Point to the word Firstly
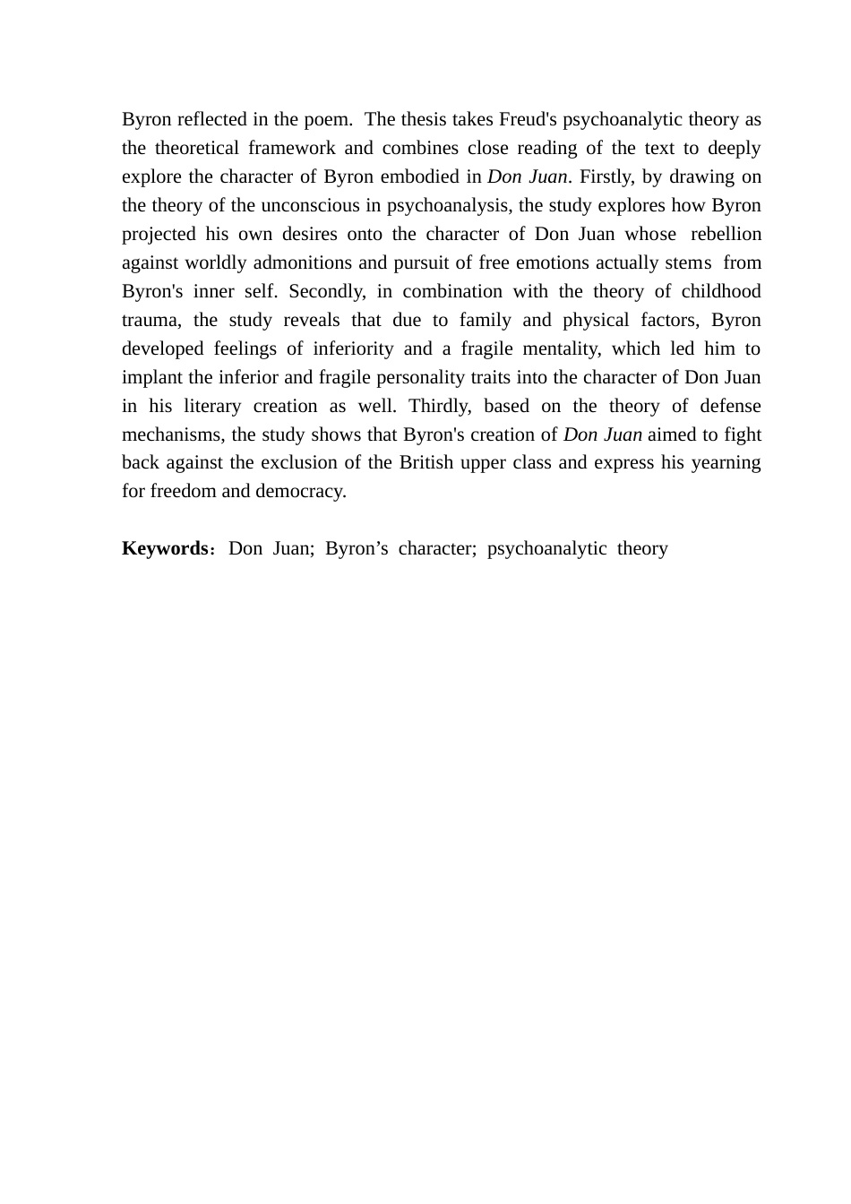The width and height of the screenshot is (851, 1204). [x=605, y=176]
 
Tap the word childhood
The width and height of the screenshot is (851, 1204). [x=721, y=291]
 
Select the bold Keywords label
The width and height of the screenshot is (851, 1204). [x=165, y=548]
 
